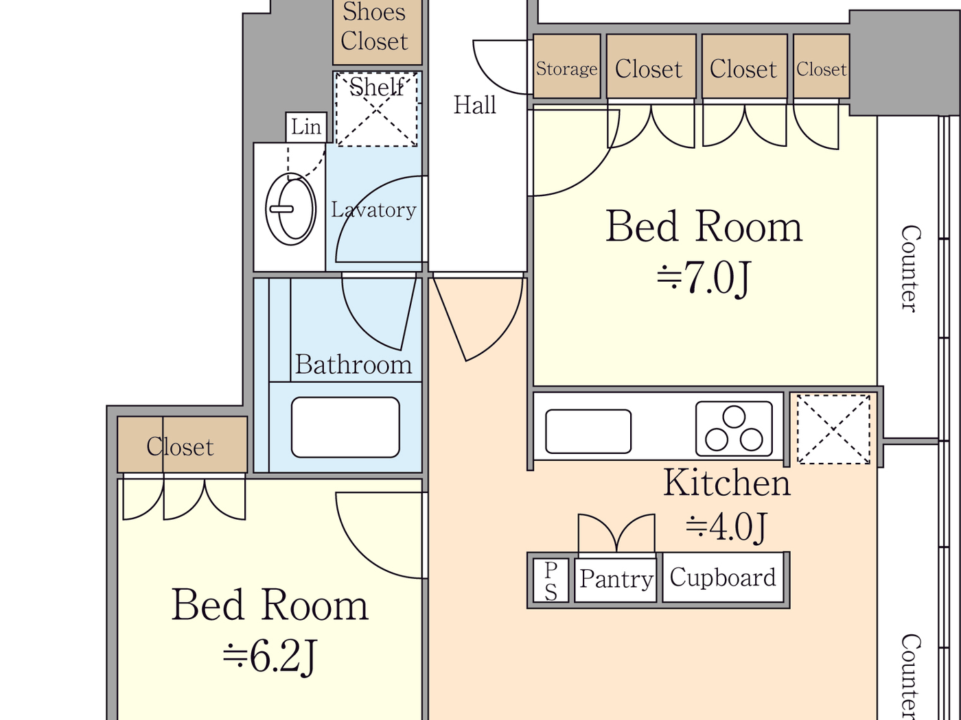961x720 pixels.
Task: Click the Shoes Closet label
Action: pyautogui.click(x=375, y=27)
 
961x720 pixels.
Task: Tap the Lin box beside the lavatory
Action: pyautogui.click(x=305, y=127)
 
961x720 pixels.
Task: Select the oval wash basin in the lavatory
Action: pyautogui.click(x=290, y=209)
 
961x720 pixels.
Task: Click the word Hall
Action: pyautogui.click(x=474, y=105)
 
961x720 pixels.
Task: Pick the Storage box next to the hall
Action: pyautogui.click(x=566, y=68)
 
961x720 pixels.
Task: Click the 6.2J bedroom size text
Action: pyautogui.click(x=270, y=656)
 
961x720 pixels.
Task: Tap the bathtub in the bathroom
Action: pyautogui.click(x=345, y=427)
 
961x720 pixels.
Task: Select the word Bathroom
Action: pyautogui.click(x=353, y=365)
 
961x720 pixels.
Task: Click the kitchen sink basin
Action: pyautogui.click(x=588, y=431)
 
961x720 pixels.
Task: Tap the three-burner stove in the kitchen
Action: pyautogui.click(x=734, y=429)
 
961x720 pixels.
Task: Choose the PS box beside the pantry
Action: pyautogui.click(x=551, y=580)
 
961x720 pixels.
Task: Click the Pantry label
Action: pyautogui.click(x=616, y=579)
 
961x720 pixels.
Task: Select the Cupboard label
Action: pyautogui.click(x=723, y=577)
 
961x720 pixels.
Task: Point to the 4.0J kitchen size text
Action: pyautogui.click(x=726, y=527)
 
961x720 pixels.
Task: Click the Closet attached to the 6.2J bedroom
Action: pyautogui.click(x=181, y=446)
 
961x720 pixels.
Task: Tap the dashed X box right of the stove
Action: pyautogui.click(x=833, y=429)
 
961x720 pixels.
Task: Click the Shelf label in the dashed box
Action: pyautogui.click(x=376, y=88)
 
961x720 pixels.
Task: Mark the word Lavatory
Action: pyautogui.click(x=373, y=210)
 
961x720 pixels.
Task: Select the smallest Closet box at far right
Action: pyautogui.click(x=821, y=69)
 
